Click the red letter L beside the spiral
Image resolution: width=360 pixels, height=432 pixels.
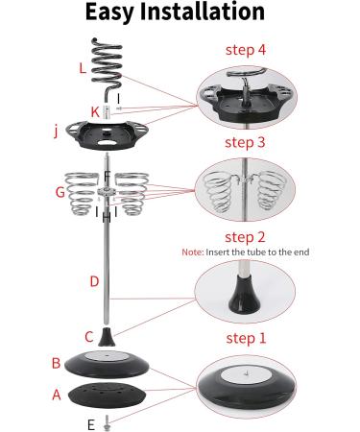pyautogui.click(x=83, y=68)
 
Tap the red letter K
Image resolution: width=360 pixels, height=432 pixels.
pyautogui.click(x=95, y=112)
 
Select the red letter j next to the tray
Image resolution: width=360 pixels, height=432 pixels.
pyautogui.click(x=56, y=131)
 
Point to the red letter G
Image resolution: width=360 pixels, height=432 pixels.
pyautogui.click(x=60, y=192)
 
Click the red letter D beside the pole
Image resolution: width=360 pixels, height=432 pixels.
pyautogui.click(x=94, y=281)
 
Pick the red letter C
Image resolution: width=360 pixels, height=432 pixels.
pyautogui.click(x=89, y=337)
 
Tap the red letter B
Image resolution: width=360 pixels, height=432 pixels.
pyautogui.click(x=56, y=363)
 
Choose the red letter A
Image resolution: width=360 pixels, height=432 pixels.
pyautogui.click(x=57, y=395)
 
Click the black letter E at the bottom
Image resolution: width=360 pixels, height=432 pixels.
pyautogui.click(x=91, y=425)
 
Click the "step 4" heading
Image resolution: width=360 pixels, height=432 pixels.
pyautogui.click(x=246, y=50)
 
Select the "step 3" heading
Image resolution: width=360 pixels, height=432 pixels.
pyautogui.click(x=245, y=142)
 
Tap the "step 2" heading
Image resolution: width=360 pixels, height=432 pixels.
pyautogui.click(x=245, y=237)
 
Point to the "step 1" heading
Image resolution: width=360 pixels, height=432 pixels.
pyautogui.click(x=246, y=338)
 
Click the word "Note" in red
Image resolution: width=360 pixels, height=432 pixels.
pyautogui.click(x=192, y=252)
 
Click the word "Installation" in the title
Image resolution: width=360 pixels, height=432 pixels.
pyautogui.click(x=203, y=12)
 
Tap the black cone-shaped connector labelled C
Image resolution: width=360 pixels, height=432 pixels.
pyautogui.click(x=107, y=336)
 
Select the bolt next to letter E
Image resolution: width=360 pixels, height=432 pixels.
pyautogui.click(x=107, y=423)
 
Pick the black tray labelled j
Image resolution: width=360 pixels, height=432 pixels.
pyautogui.click(x=107, y=135)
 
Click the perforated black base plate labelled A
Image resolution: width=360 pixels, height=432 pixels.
pyautogui.click(x=108, y=395)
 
